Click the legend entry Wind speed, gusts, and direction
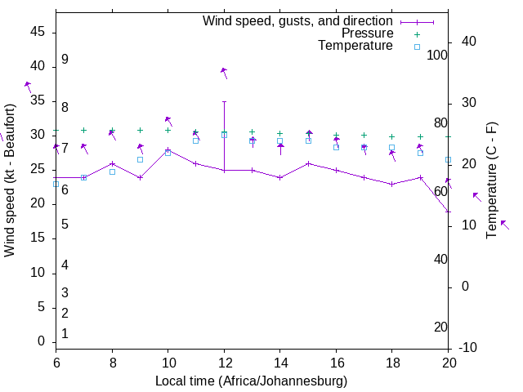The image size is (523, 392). [x=297, y=20]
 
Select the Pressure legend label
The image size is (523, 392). [x=367, y=33]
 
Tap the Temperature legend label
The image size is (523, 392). [x=355, y=46]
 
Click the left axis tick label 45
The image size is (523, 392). [x=38, y=32]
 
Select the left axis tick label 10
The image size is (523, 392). [x=38, y=273]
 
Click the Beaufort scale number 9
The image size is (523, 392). [x=65, y=60]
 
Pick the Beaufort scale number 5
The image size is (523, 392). [x=65, y=224]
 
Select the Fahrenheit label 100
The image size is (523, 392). [x=437, y=55]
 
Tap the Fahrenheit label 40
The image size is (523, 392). [x=440, y=259]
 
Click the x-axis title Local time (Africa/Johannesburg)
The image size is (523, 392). [x=252, y=381]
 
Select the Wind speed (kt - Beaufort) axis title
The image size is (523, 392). [x=10, y=180]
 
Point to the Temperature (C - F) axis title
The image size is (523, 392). [x=491, y=180]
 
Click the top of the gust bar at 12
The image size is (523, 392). [x=224, y=101]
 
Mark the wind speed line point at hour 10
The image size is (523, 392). [x=168, y=149]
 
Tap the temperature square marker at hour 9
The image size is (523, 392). [x=140, y=159]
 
